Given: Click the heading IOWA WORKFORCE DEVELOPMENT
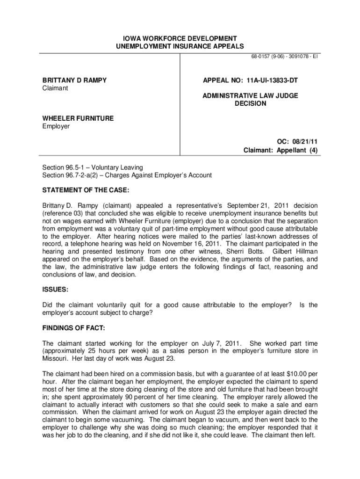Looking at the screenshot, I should point(180,38).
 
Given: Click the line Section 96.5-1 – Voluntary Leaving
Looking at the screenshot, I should point(93,167).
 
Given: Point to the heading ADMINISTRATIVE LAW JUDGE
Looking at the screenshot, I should point(250,95).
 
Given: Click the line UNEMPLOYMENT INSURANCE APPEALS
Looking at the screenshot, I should point(180,46).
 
